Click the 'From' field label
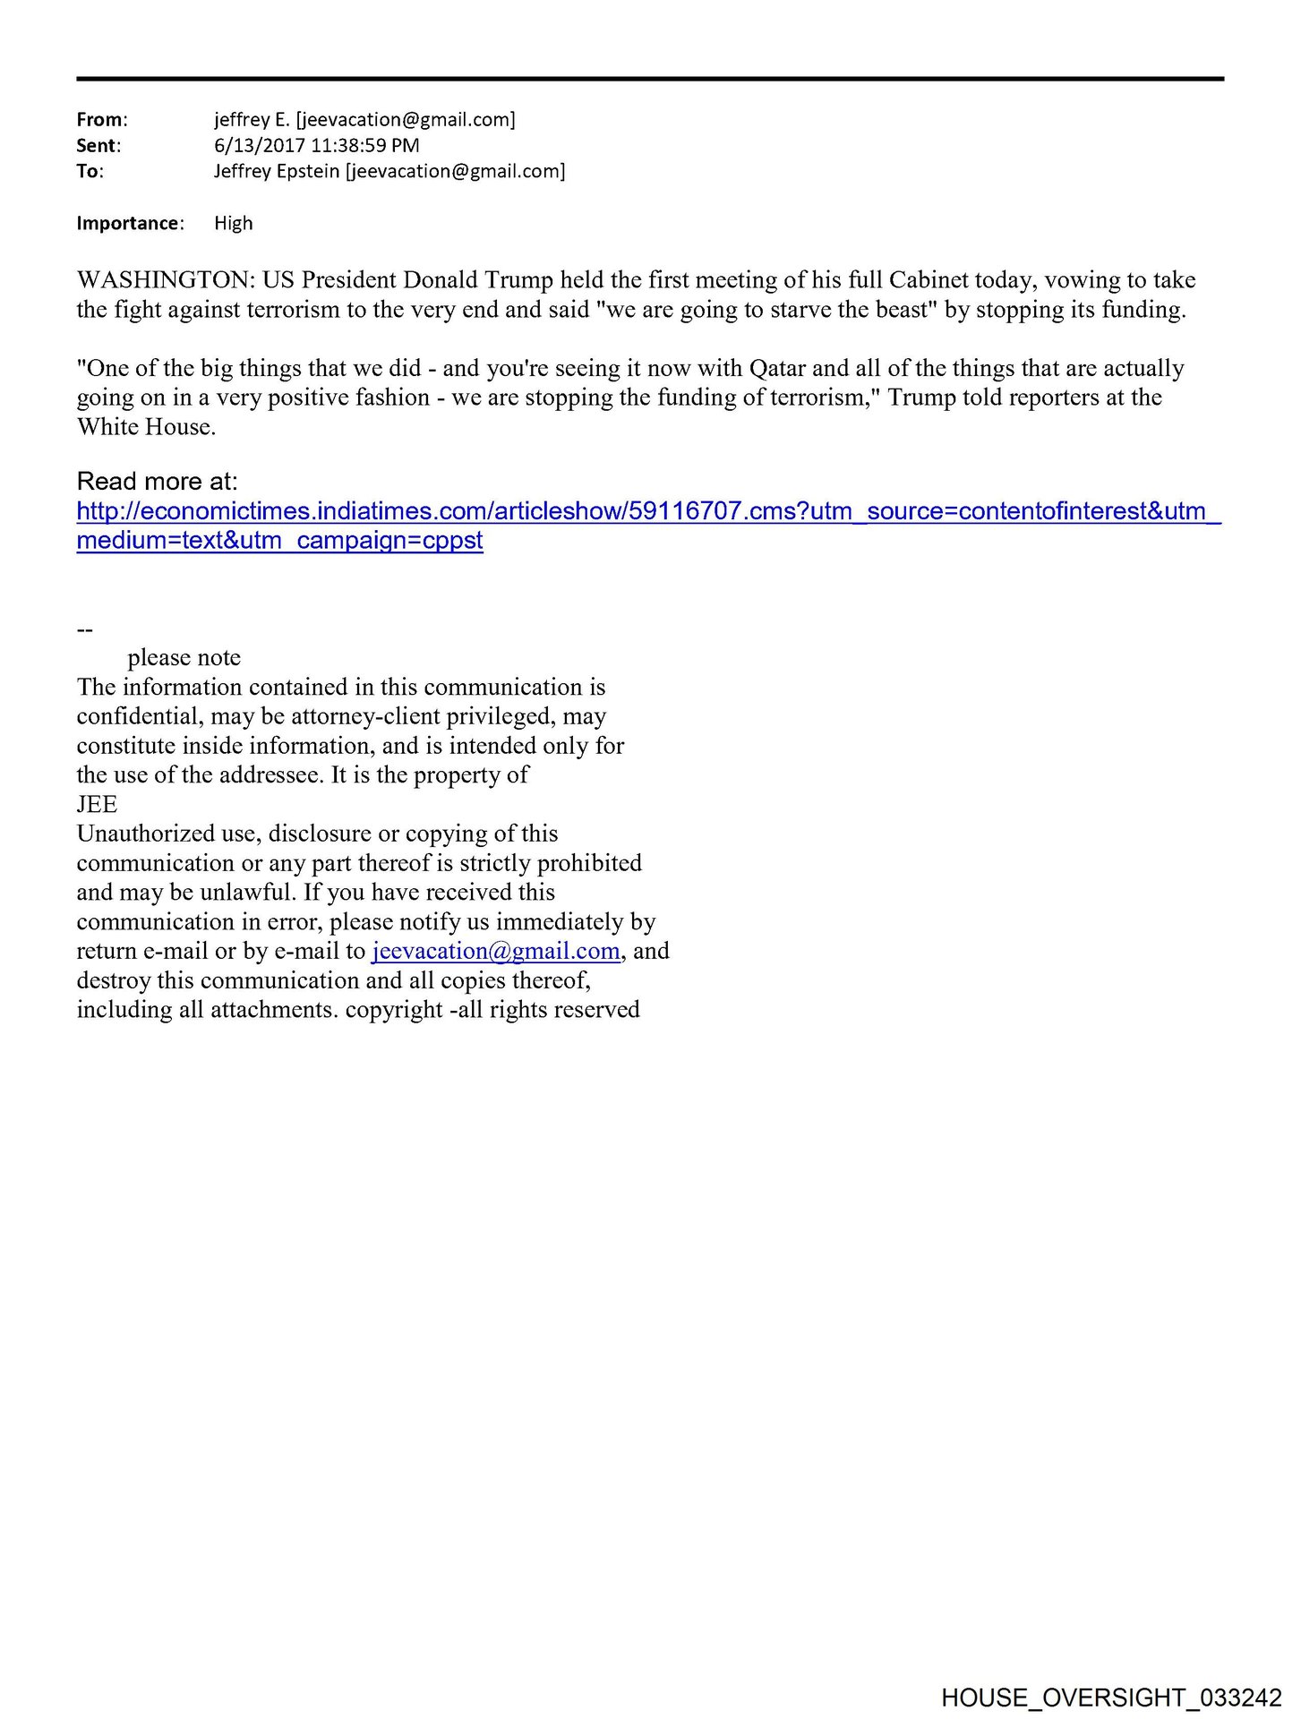coord(100,120)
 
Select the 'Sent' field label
coord(97,146)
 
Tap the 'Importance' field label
coord(128,223)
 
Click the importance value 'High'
coord(234,223)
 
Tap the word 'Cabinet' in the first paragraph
coord(929,280)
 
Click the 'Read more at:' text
coord(158,482)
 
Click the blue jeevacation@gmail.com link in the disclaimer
coord(496,951)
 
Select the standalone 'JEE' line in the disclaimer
coord(97,804)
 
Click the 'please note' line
coord(184,658)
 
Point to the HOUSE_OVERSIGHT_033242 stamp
coord(1111,1697)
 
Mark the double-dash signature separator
coord(85,629)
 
